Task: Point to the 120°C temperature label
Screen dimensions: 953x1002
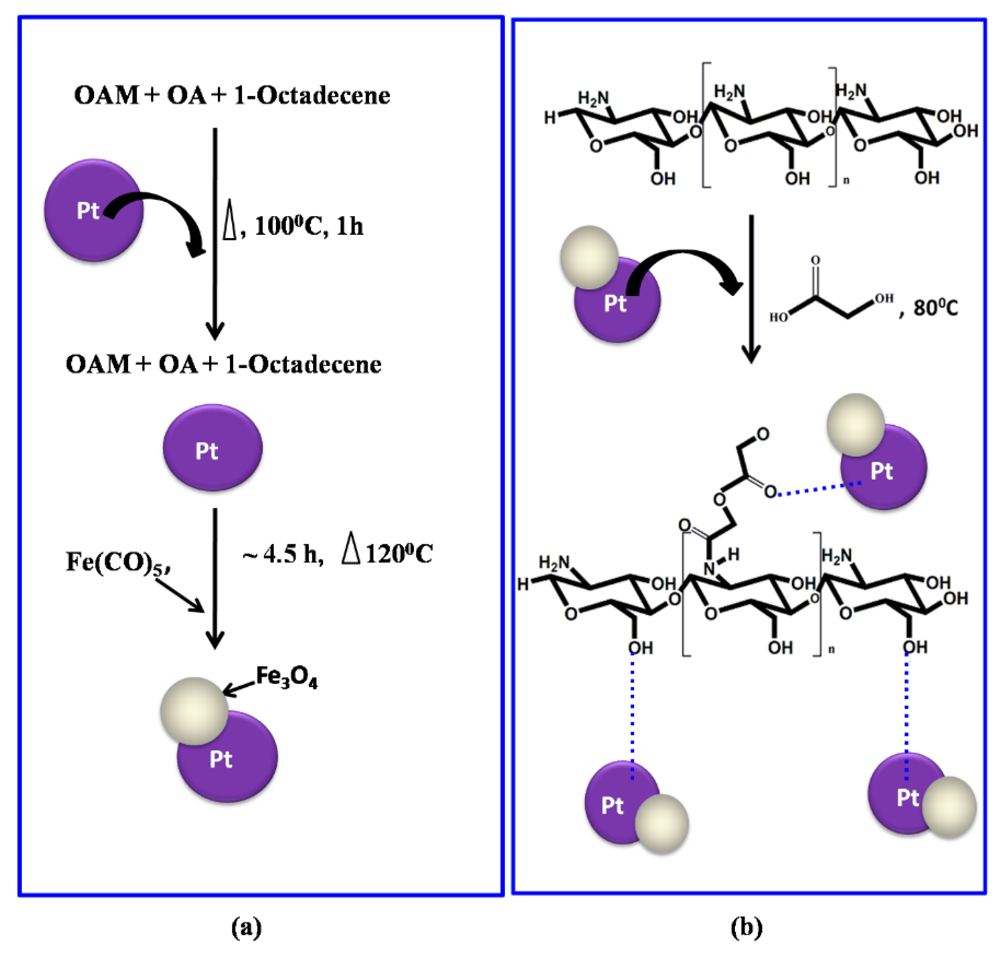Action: point(399,554)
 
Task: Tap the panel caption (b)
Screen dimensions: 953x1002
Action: point(747,927)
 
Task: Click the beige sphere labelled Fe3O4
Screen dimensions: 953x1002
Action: point(194,711)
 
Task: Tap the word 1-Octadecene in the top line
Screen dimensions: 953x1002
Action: point(312,95)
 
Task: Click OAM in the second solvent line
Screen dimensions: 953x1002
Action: point(97,364)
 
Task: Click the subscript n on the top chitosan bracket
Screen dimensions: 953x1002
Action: point(846,180)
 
